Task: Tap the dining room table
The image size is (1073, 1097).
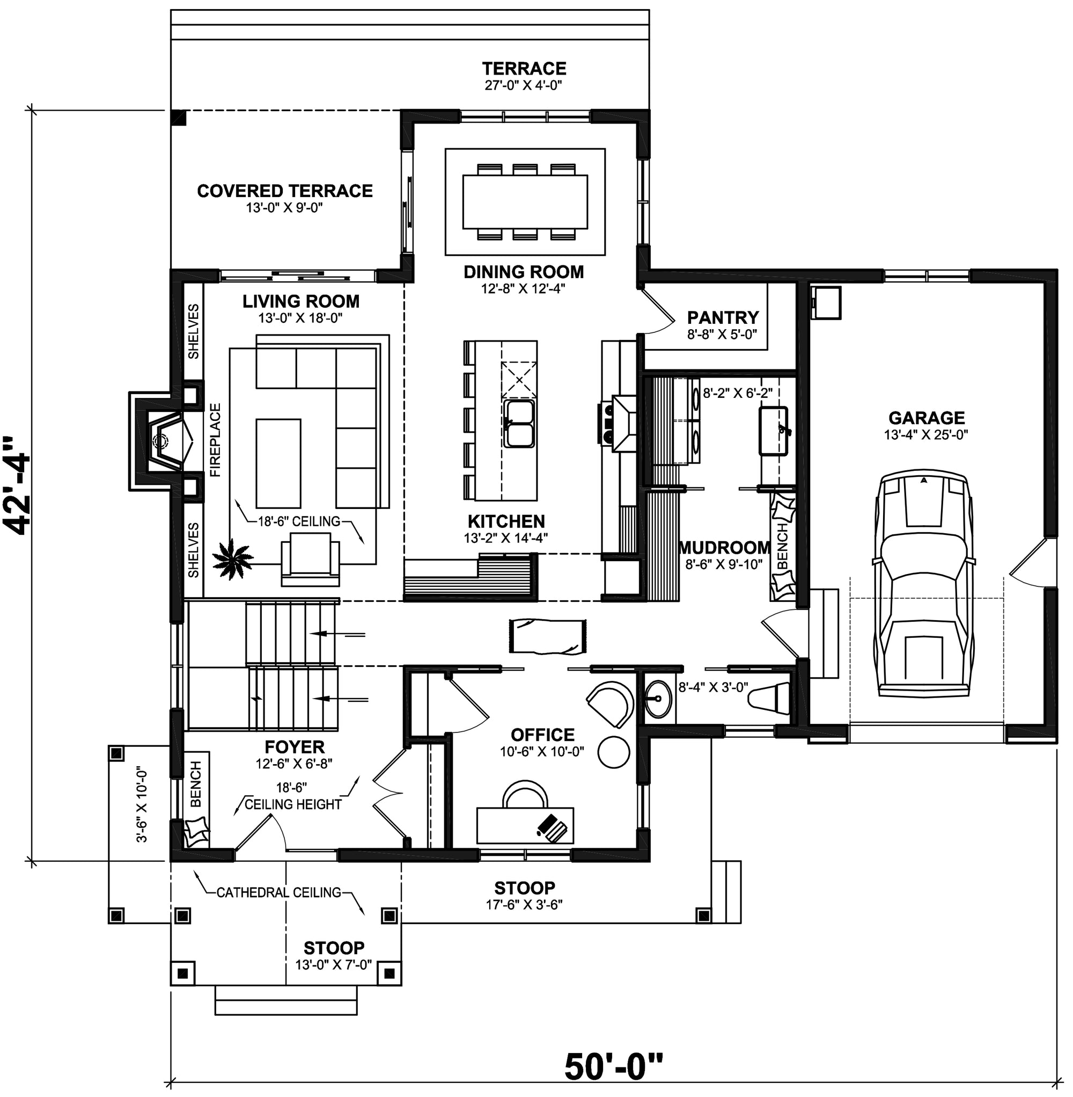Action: pyautogui.click(x=525, y=201)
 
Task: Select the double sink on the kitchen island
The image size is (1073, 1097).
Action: pyautogui.click(x=519, y=423)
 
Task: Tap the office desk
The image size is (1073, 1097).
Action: pyautogui.click(x=525, y=825)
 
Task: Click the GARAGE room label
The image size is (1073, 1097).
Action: pyautogui.click(x=927, y=418)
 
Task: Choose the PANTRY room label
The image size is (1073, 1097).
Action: pyautogui.click(x=723, y=317)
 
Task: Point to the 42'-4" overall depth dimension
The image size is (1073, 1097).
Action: pyautogui.click(x=18, y=485)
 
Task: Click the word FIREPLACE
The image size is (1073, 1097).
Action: pyautogui.click(x=215, y=440)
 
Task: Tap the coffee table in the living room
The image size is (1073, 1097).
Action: pyautogui.click(x=278, y=463)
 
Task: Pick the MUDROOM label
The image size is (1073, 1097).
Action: pyautogui.click(x=724, y=547)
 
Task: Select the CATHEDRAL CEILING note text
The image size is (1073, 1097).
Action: pyautogui.click(x=279, y=892)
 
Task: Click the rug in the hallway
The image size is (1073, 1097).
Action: pyautogui.click(x=548, y=636)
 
